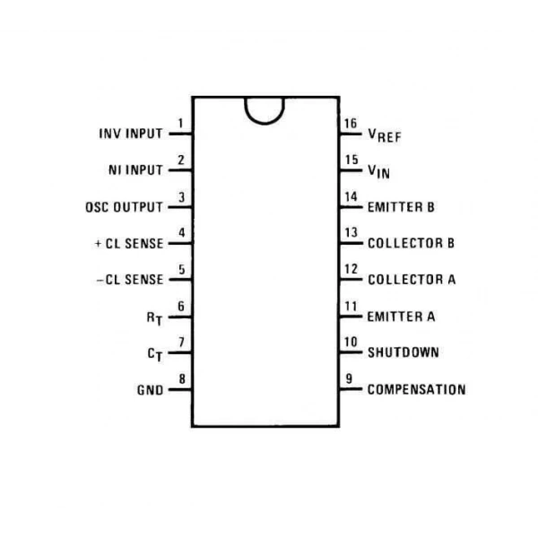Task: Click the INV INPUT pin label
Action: point(131,134)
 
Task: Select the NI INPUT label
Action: point(135,170)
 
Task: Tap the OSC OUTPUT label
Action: point(125,207)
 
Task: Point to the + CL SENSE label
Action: point(129,244)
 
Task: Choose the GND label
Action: point(150,390)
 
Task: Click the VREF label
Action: point(385,135)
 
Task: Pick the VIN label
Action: point(378,171)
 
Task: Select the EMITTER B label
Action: point(401,207)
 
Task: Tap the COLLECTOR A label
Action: point(412,280)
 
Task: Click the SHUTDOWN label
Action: point(403,352)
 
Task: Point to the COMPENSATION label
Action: point(417,389)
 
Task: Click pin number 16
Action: point(351,124)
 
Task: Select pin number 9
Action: point(349,378)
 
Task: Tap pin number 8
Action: point(182,378)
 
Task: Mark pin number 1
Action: point(180,123)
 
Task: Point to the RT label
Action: point(154,318)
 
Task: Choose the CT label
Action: point(155,355)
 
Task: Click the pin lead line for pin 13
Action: point(351,243)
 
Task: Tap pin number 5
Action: point(182,270)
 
